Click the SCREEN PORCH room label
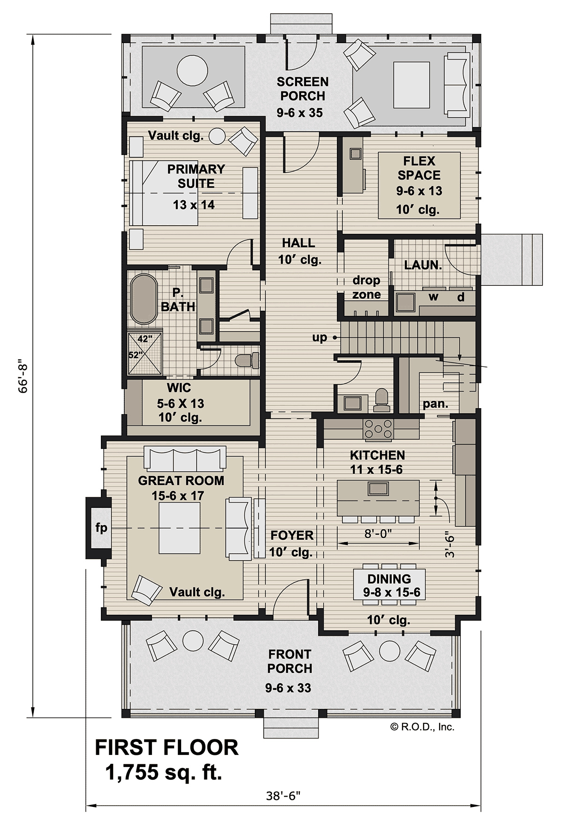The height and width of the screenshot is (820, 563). point(303,89)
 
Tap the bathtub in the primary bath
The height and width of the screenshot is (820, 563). point(144,299)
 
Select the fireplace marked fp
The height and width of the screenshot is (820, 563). point(99,528)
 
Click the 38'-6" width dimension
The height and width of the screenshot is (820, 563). point(283,796)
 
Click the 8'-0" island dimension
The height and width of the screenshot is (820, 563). point(378,533)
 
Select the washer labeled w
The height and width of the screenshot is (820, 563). point(434,296)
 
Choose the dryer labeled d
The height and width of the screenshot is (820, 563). point(461,296)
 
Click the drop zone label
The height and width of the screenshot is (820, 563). point(366,287)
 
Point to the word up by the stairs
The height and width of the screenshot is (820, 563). point(320,338)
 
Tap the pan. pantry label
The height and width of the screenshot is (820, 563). point(435,403)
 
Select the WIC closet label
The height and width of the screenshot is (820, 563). point(179,388)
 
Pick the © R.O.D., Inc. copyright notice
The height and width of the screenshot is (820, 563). point(422,727)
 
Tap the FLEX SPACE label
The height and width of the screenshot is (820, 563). point(419,168)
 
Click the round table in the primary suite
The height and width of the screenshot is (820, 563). point(217,136)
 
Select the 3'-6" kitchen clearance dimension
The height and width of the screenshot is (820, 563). point(450,544)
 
